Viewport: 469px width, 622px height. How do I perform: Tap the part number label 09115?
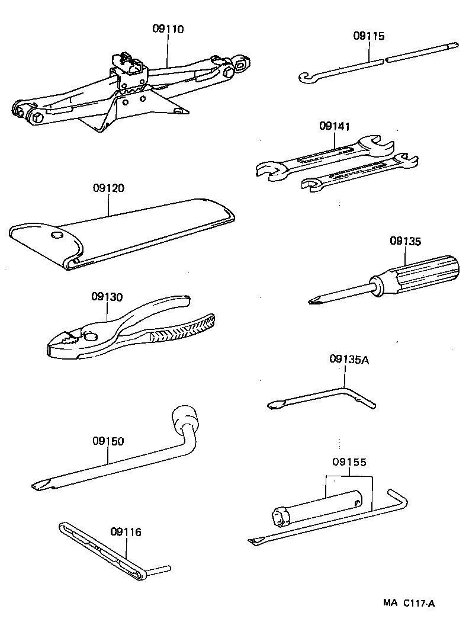[368, 36]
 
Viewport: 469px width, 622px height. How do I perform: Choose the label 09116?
[125, 533]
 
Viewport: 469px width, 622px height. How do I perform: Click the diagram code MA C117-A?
[409, 604]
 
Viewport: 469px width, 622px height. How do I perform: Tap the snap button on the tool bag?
[57, 236]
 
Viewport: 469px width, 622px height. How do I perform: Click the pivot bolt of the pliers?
[91, 336]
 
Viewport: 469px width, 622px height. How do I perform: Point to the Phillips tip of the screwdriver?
[313, 300]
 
